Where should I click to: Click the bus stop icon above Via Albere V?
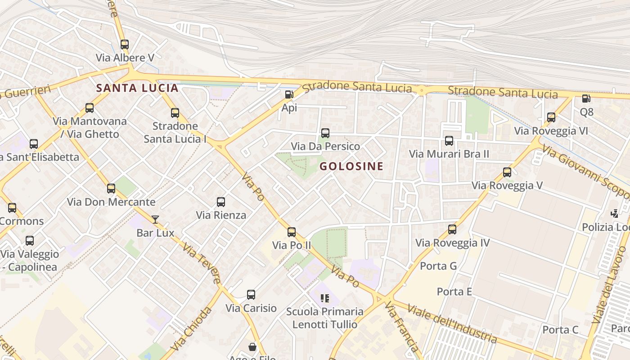[x=125, y=45]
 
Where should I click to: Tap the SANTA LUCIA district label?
[x=137, y=88]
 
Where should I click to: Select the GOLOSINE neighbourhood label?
[x=351, y=166]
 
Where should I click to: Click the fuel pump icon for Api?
[x=289, y=94]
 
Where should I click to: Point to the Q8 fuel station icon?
[x=586, y=99]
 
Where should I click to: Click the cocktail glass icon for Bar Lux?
[x=155, y=220]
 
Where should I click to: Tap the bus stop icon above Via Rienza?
[x=221, y=202]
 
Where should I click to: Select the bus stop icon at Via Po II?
[x=292, y=232]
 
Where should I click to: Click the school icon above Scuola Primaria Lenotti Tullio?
[x=325, y=298]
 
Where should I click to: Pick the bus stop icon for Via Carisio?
[x=251, y=295]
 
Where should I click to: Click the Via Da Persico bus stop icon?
[x=325, y=133]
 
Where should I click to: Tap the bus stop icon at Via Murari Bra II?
[x=449, y=141]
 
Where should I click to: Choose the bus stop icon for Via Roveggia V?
[x=507, y=172]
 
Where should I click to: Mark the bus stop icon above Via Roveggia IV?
[x=452, y=229]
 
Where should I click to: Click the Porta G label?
[x=438, y=266]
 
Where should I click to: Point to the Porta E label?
[x=454, y=292]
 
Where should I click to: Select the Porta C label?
[x=560, y=330]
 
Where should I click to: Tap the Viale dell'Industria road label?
[x=452, y=323]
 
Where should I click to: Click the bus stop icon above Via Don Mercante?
[x=111, y=189]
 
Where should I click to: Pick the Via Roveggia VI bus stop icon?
[x=551, y=117]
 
